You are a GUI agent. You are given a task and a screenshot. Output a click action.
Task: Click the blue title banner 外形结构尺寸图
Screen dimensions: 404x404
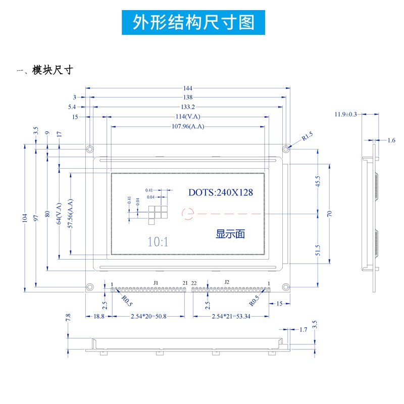coord(193,22)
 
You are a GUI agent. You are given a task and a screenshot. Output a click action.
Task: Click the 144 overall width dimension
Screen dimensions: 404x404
coord(188,88)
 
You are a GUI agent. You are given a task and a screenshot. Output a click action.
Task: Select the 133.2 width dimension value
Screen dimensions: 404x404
coord(188,107)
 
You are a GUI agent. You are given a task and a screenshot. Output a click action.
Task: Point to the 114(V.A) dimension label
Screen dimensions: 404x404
coord(187,117)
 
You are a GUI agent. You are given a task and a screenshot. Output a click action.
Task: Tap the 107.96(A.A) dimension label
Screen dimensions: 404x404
coord(188,126)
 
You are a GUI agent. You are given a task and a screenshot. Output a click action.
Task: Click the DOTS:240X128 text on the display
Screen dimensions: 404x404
coord(221,192)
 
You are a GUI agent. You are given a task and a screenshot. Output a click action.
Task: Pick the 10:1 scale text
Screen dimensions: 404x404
coord(158,242)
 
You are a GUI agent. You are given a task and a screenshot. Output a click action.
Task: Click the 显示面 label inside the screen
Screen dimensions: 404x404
coord(230,234)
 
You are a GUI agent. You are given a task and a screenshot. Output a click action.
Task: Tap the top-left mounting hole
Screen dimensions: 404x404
coord(90,149)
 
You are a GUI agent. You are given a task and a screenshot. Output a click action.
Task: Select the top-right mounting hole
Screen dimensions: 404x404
coord(286,149)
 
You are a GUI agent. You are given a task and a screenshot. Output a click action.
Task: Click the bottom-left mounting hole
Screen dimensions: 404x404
coord(90,287)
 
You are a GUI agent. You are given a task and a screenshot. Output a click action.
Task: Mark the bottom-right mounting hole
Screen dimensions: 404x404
coord(286,287)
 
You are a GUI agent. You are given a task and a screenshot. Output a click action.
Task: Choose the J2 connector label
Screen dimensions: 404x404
coord(227,282)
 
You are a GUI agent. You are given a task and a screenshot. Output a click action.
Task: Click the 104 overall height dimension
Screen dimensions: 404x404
coord(25,218)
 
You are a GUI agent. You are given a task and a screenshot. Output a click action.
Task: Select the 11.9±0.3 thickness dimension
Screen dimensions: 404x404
coord(345,114)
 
